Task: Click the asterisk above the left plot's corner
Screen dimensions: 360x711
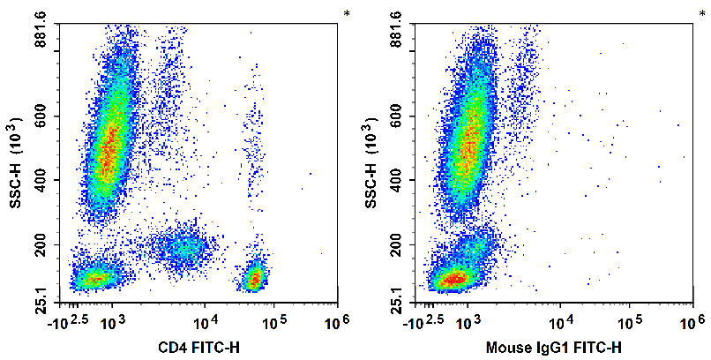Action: click(x=348, y=13)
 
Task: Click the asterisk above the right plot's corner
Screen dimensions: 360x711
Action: click(x=702, y=13)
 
